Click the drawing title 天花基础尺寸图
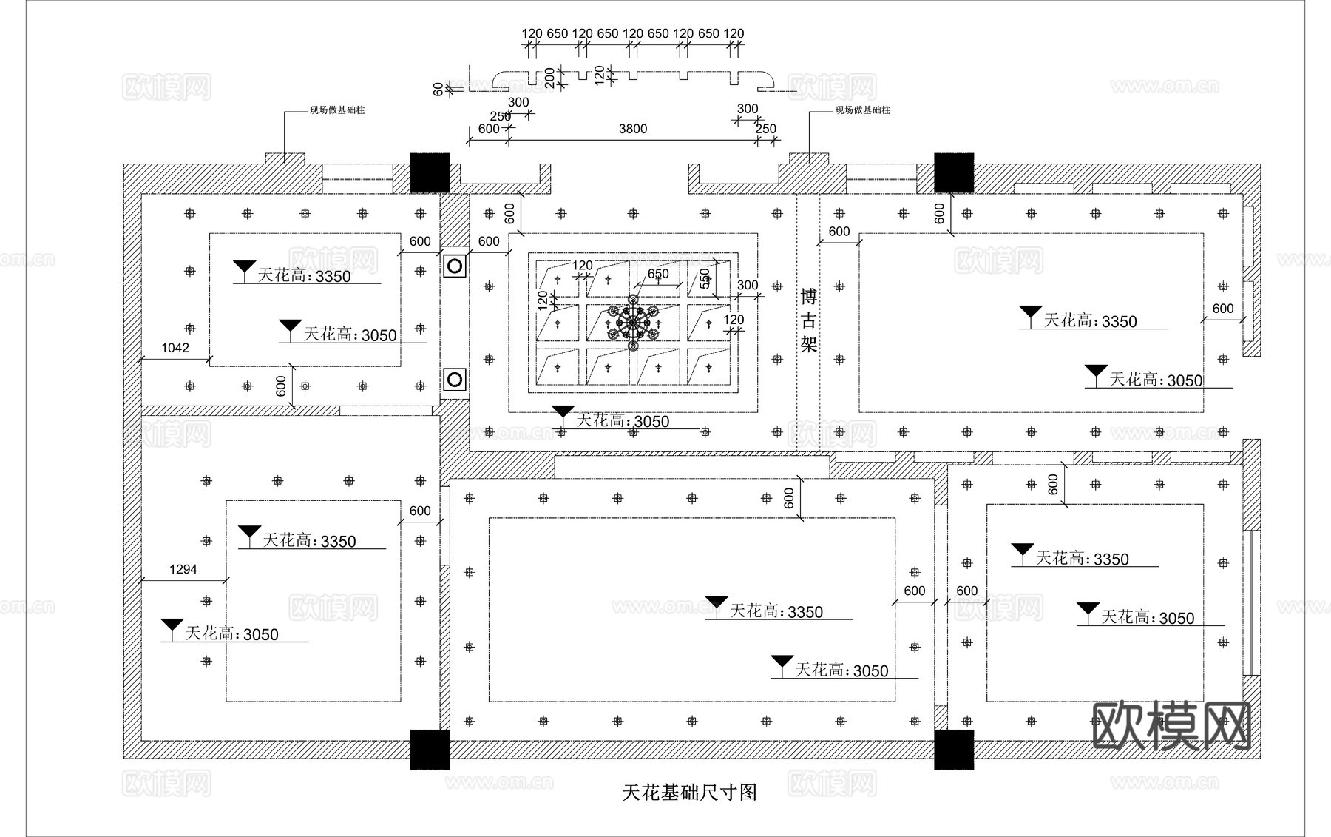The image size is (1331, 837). [x=689, y=793]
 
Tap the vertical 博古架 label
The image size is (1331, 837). [x=808, y=320]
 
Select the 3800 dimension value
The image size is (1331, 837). [x=633, y=129]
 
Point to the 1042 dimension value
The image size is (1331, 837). [x=175, y=348]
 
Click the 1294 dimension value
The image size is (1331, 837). [x=183, y=569]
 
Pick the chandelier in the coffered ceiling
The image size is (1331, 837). [x=633, y=323]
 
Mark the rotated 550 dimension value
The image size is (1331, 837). [x=705, y=278]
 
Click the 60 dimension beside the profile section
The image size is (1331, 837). [x=438, y=89]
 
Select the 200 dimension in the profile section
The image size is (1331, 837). [x=550, y=78]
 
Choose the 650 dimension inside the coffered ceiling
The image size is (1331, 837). [x=658, y=274]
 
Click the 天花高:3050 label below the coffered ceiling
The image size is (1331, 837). [x=622, y=421]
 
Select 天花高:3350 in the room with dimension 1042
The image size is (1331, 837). [x=304, y=276]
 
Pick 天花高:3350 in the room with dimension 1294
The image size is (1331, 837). [x=309, y=541]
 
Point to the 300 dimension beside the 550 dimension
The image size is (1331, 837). [x=748, y=285]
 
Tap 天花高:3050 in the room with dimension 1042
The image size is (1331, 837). [x=350, y=335]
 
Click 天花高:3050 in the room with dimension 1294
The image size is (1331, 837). [x=231, y=634]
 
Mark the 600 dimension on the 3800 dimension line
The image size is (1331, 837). [x=488, y=129]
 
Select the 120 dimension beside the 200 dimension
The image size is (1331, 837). [x=600, y=75]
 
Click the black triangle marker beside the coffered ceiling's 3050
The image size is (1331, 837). [x=563, y=411]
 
